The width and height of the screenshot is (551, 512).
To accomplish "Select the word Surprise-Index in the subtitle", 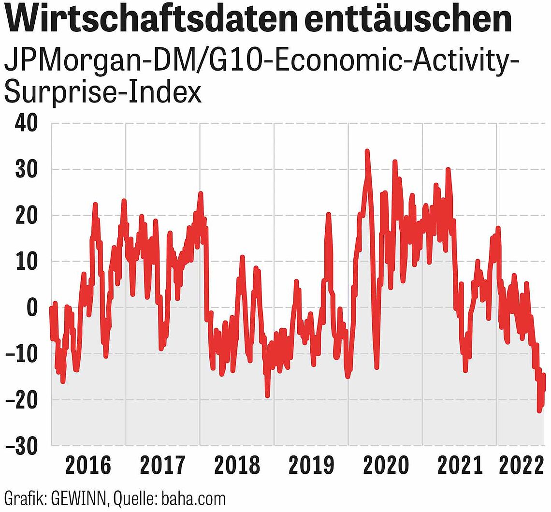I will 102,93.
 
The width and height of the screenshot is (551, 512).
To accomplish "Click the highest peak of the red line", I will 367,151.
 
